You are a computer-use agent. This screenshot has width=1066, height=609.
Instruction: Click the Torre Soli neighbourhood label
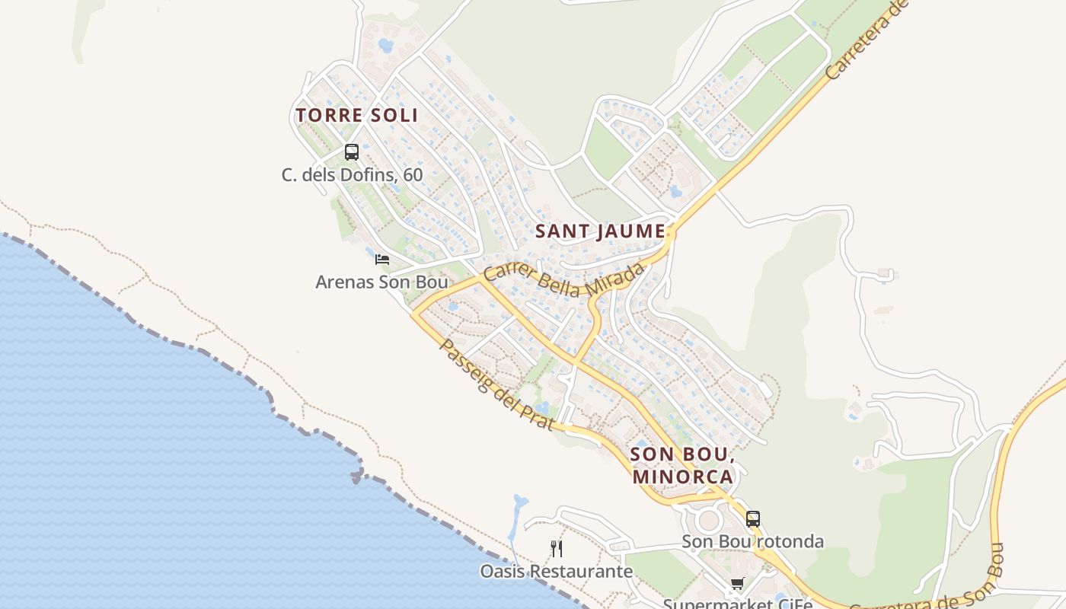tap(356, 116)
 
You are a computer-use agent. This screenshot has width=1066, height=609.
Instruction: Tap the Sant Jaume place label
tap(600, 231)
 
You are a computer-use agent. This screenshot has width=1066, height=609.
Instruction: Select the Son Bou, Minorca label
tap(682, 466)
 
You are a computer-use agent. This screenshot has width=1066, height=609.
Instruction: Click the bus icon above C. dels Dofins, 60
tap(351, 151)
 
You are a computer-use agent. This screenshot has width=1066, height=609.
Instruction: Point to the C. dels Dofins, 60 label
tap(352, 175)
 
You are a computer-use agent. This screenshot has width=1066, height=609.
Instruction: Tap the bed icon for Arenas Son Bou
tap(382, 260)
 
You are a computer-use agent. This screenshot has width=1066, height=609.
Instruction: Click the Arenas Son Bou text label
tap(381, 282)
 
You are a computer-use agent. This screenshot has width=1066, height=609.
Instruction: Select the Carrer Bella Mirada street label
tap(564, 280)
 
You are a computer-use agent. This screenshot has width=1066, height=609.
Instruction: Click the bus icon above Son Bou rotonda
tap(752, 519)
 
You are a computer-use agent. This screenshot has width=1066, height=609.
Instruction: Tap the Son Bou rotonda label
tap(752, 542)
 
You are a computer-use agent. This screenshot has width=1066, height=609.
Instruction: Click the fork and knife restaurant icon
tap(557, 548)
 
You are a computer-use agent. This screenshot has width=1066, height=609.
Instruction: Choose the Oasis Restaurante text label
tap(556, 571)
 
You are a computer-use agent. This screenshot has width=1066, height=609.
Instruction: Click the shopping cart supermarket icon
tap(737, 584)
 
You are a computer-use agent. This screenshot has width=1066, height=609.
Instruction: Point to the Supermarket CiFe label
tap(737, 603)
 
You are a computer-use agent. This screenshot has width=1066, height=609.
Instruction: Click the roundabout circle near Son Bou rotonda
tap(709, 521)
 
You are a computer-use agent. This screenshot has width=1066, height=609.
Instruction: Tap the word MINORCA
tap(682, 477)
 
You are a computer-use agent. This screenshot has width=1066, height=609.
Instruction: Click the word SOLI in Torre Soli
tap(393, 116)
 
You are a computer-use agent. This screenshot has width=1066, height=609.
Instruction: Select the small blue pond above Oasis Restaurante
tap(519, 504)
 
